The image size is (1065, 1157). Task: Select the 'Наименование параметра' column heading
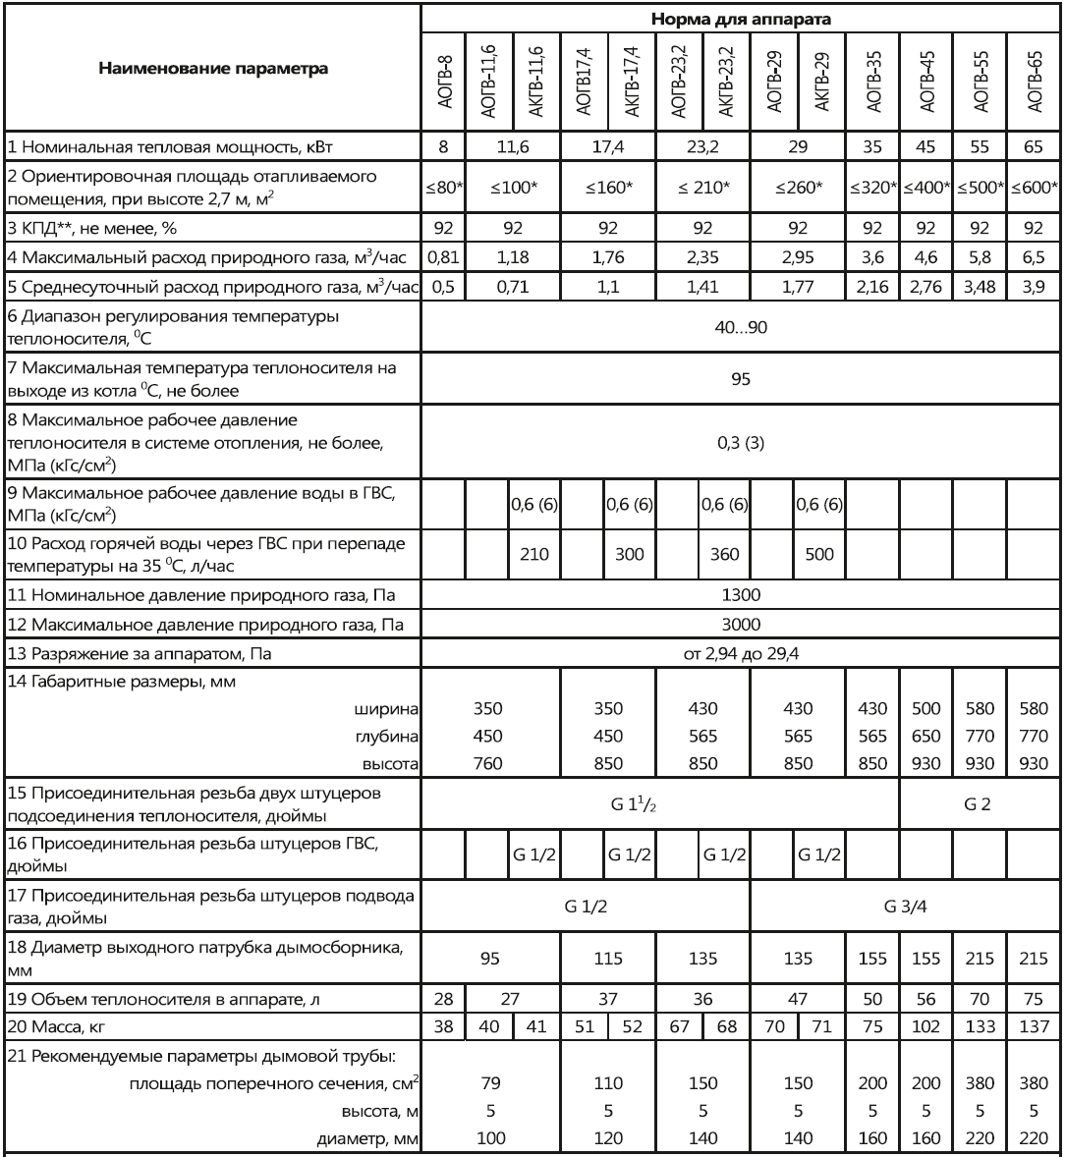(210, 70)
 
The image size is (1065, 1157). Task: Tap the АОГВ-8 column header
(442, 70)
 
